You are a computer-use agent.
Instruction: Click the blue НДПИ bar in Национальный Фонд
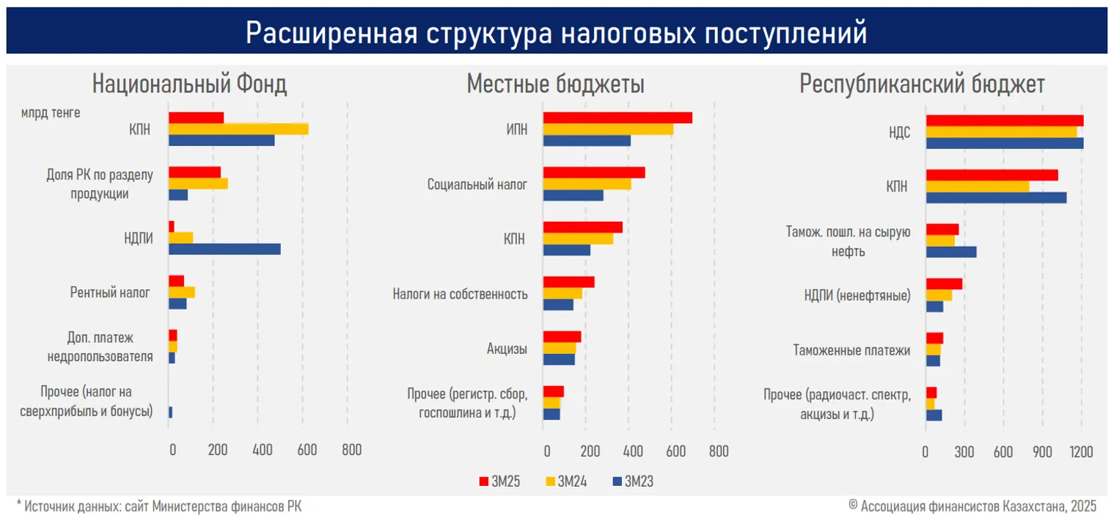(224, 249)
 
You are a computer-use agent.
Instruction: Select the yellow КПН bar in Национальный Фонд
(238, 129)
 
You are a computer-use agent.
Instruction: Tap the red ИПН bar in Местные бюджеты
(617, 118)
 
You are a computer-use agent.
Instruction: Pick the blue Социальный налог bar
(573, 195)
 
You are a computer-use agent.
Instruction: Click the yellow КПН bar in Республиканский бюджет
(978, 186)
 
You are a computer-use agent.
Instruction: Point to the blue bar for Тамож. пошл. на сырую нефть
(951, 252)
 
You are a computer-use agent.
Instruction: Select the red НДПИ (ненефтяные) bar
(944, 284)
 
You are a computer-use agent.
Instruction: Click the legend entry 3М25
(502, 482)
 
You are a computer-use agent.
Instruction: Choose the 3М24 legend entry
(570, 482)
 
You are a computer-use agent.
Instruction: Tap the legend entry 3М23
(637, 482)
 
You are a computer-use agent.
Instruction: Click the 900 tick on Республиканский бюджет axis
(1042, 451)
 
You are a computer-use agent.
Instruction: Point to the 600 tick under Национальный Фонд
(307, 451)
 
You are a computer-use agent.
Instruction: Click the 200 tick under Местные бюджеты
(590, 451)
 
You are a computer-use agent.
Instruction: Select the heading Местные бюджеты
(556, 85)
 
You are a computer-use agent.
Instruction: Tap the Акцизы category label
(507, 349)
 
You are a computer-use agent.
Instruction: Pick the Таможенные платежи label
(852, 351)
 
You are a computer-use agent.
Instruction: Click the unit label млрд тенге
(51, 112)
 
